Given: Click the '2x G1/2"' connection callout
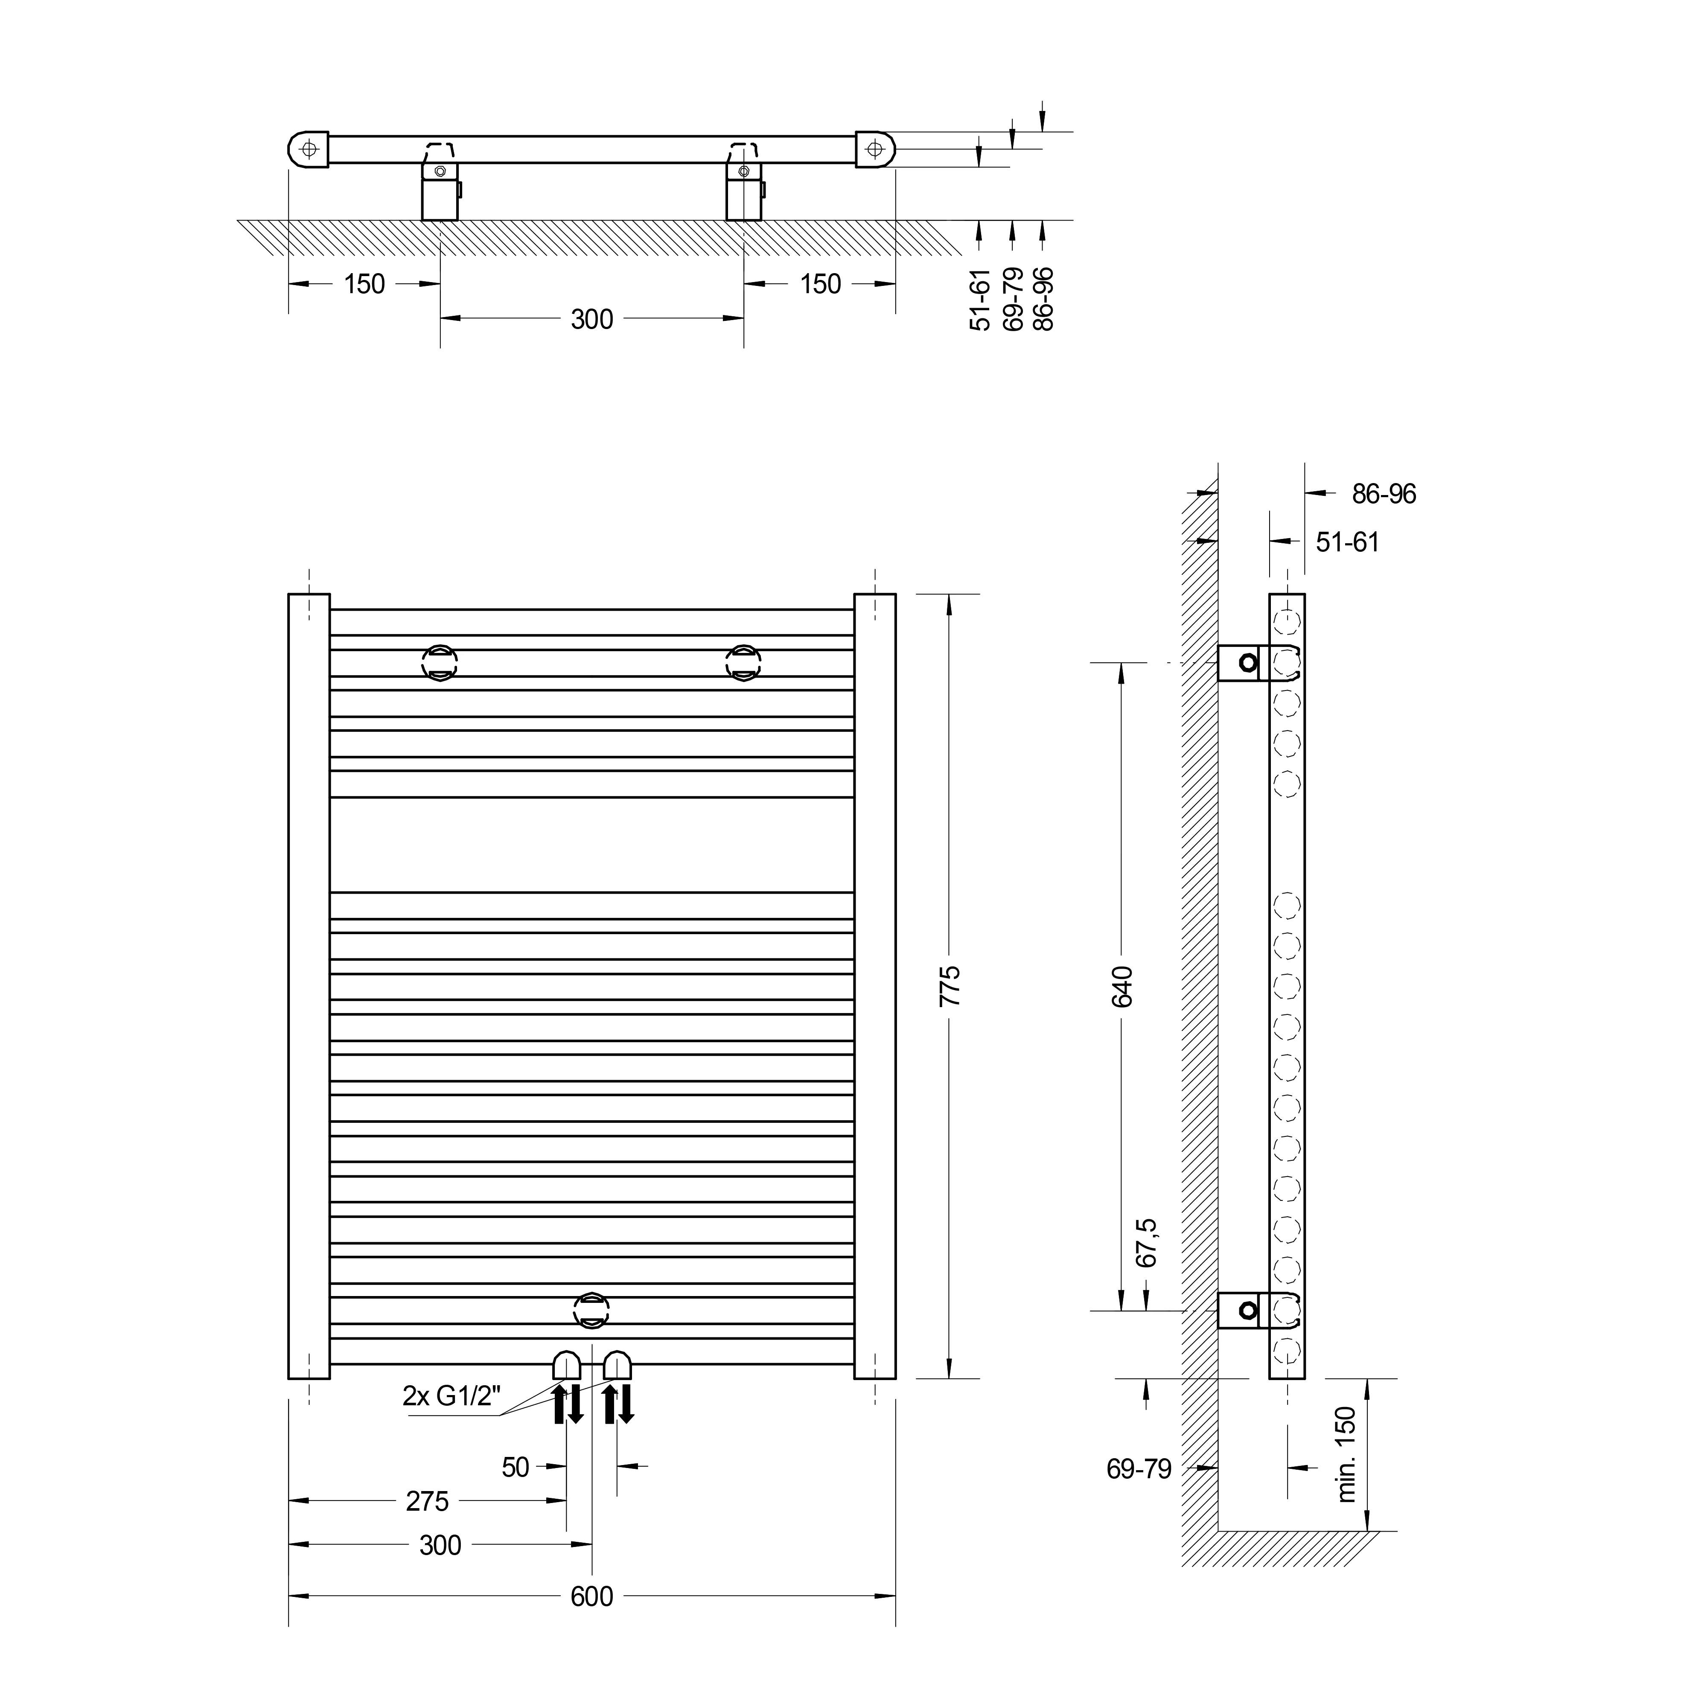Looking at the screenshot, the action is click(x=452, y=1396).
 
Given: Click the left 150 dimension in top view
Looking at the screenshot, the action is click(x=364, y=284).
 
